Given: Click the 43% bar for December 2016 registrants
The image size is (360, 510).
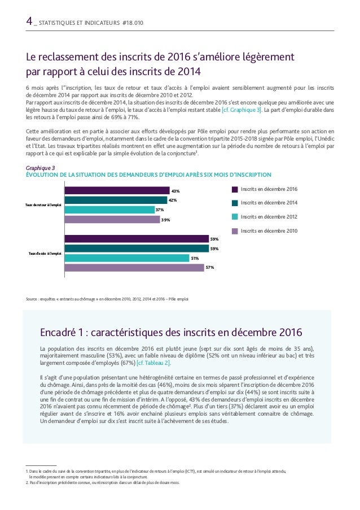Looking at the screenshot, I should click(117, 190).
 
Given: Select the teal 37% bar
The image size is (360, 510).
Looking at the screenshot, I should click(109, 210).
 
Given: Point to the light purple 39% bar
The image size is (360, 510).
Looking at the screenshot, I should click(112, 219).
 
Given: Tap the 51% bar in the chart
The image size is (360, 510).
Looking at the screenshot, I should click(127, 258).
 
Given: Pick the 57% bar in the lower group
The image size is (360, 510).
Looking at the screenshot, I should click(134, 268).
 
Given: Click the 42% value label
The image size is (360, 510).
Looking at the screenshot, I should click(173, 200).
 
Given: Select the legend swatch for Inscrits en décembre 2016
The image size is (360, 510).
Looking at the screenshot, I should click(235, 189).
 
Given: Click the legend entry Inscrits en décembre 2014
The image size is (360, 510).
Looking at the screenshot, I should click(269, 203).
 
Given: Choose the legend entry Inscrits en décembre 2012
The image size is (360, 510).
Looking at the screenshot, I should click(269, 216).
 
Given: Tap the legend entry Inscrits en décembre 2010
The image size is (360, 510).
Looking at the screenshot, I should click(269, 230).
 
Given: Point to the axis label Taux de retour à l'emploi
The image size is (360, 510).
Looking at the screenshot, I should click(44, 204).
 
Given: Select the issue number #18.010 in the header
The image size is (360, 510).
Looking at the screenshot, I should click(133, 23).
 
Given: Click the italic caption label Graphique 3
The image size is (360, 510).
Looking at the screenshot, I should click(41, 168).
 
